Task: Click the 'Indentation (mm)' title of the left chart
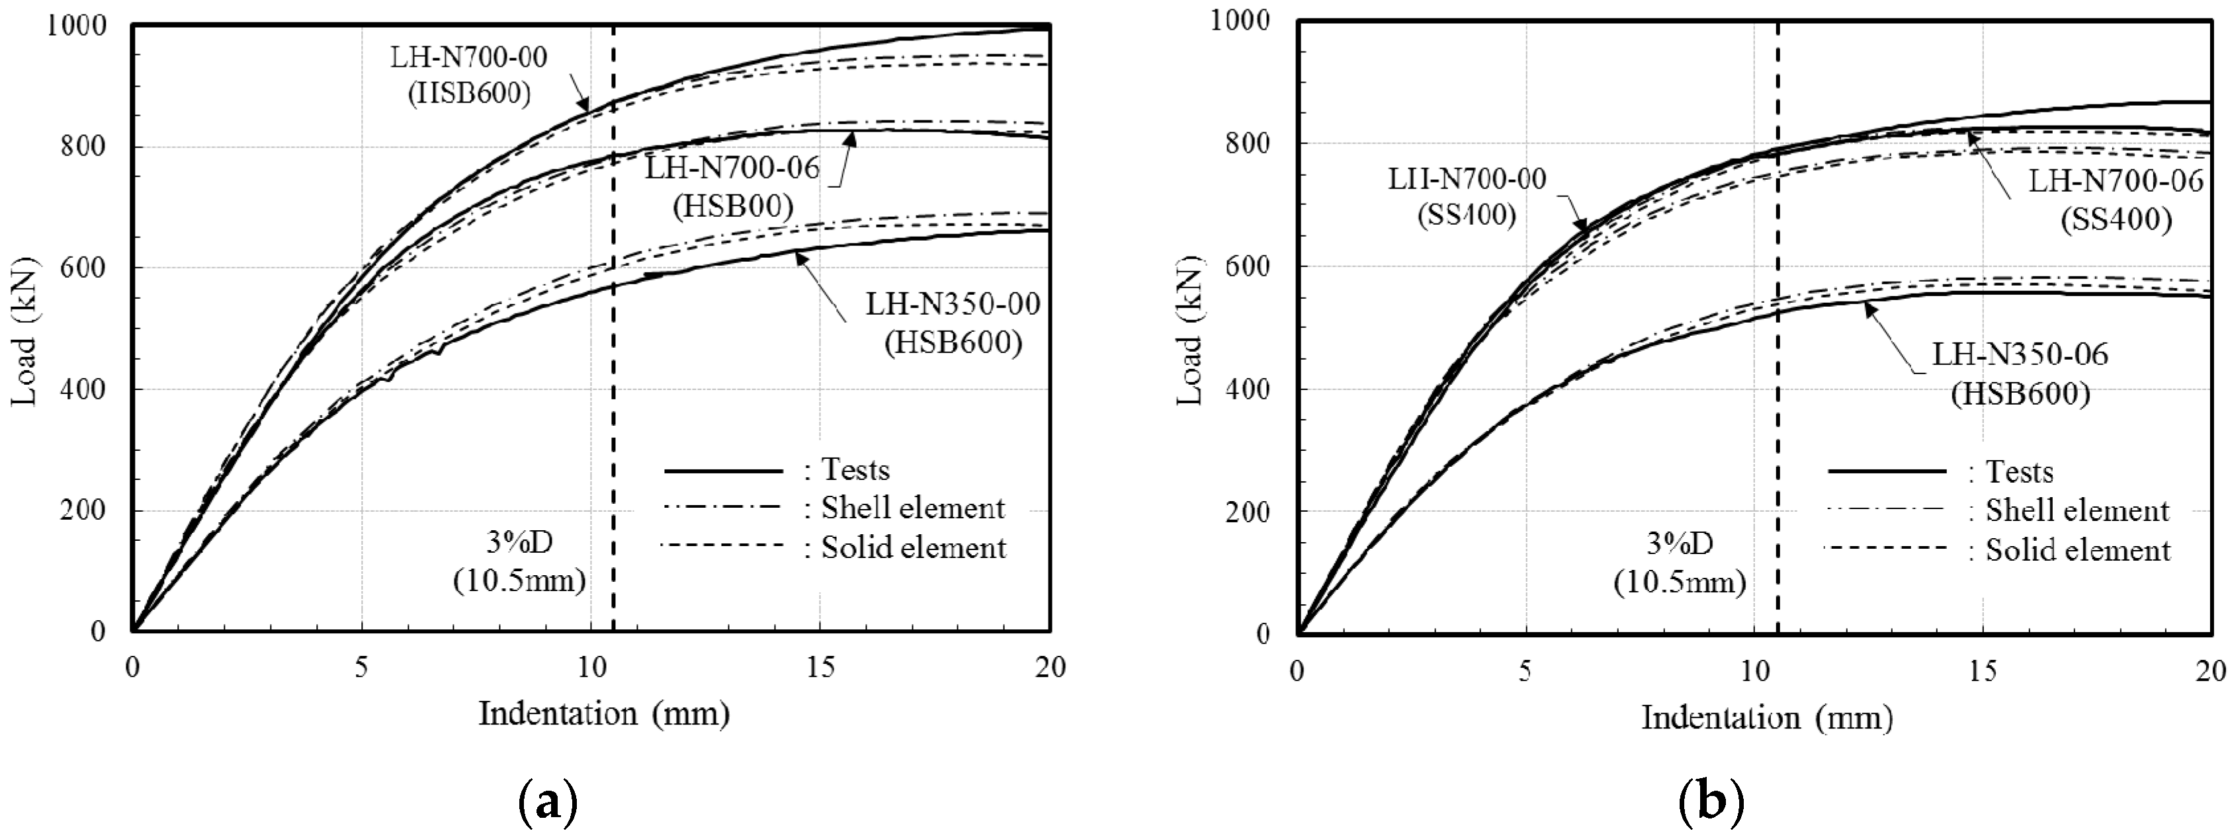(604, 714)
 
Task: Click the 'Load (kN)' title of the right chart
(1192, 329)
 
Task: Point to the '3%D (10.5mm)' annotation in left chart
(520, 561)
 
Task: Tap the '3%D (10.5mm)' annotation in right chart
(1679, 563)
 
